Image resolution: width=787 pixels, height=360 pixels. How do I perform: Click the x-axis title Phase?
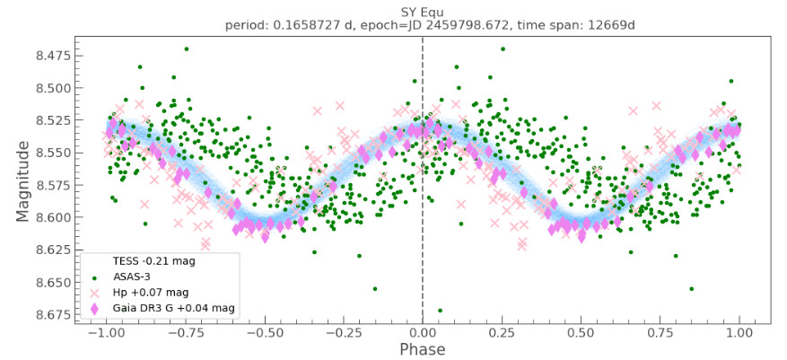coord(422,348)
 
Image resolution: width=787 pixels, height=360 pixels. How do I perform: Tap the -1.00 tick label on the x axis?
coord(105,331)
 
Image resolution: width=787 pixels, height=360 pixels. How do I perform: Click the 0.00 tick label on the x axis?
coord(423,331)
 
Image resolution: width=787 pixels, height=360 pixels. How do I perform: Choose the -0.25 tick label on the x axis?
coord(342,331)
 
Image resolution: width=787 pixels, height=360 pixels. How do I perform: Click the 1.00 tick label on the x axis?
coord(739,331)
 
